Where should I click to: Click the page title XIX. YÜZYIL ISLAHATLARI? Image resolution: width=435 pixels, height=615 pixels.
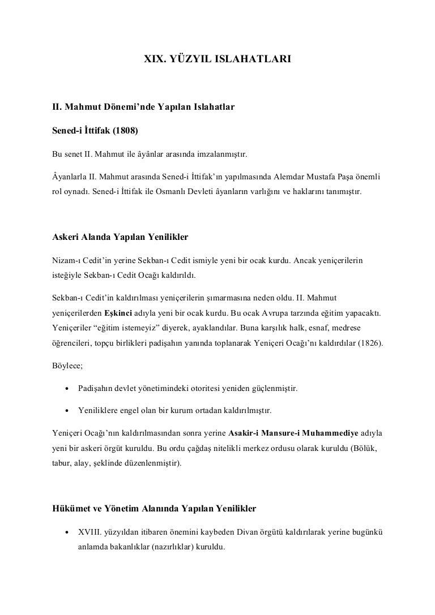[x=217, y=58]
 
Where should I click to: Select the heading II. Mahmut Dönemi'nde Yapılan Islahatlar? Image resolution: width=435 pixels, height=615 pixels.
[x=140, y=106]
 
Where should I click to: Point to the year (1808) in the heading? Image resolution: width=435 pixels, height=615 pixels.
[x=128, y=131]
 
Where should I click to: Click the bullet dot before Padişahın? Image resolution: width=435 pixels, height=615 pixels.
[x=67, y=389]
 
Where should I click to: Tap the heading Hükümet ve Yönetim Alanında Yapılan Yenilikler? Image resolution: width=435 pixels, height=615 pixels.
[x=154, y=509]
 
